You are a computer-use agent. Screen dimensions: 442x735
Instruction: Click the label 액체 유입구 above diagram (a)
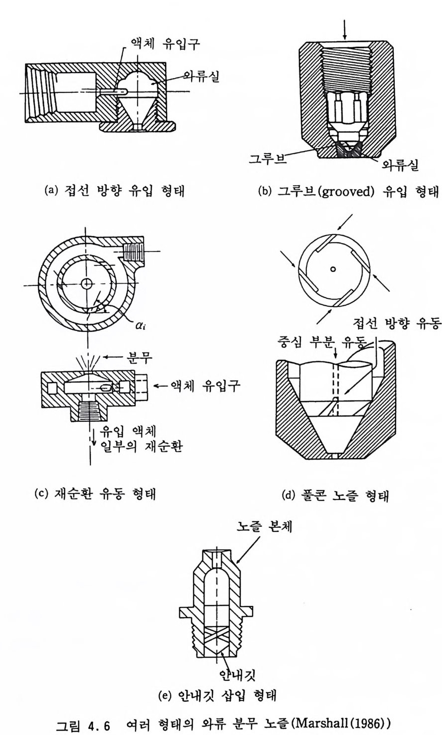pyautogui.click(x=165, y=44)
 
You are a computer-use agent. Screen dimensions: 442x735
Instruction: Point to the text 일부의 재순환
pyautogui.click(x=142, y=446)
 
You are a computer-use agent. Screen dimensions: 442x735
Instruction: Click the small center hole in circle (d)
pyautogui.click(x=333, y=269)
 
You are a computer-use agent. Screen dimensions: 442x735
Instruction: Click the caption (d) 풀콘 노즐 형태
pyautogui.click(x=335, y=496)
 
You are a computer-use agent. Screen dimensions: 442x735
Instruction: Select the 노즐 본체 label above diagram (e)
pyautogui.click(x=264, y=526)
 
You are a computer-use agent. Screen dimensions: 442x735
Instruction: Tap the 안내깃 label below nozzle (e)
pyautogui.click(x=237, y=675)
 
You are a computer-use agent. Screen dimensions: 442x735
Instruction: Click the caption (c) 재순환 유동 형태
pyautogui.click(x=95, y=493)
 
